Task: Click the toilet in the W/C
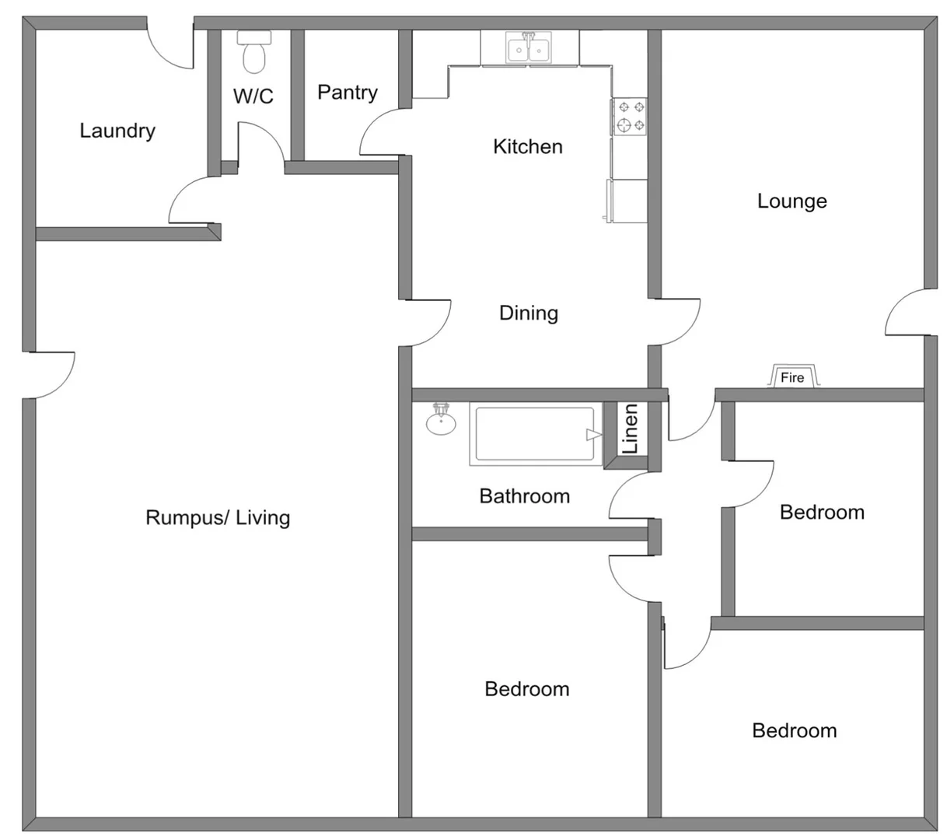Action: tap(253, 51)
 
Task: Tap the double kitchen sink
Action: tap(529, 49)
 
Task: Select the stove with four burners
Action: tap(630, 117)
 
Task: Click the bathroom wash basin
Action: tap(441, 421)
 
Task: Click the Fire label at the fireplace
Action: tap(792, 378)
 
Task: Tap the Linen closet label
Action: tap(631, 429)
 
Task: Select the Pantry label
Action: tap(348, 93)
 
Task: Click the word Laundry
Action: tap(117, 131)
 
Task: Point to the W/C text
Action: tap(253, 96)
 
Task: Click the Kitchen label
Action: tap(528, 146)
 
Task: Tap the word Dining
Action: tap(529, 313)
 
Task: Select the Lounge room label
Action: tap(792, 201)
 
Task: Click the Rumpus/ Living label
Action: tap(218, 518)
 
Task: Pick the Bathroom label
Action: tap(525, 496)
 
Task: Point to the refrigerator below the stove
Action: tap(628, 201)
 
